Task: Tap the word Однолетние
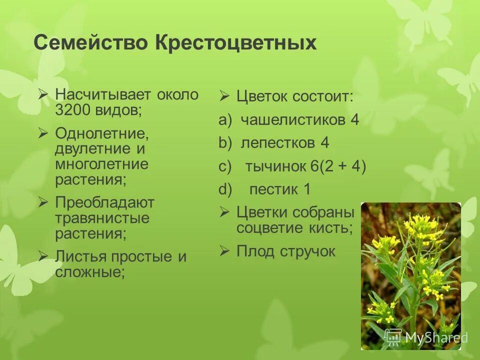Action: pyautogui.click(x=102, y=134)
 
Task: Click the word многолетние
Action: pyautogui.click(x=101, y=164)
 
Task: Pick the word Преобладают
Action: pyautogui.click(x=104, y=203)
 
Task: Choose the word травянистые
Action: pyautogui.click(x=102, y=218)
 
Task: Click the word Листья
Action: pyautogui.click(x=80, y=257)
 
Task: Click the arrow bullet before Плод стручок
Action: pyautogui.click(x=224, y=250)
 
